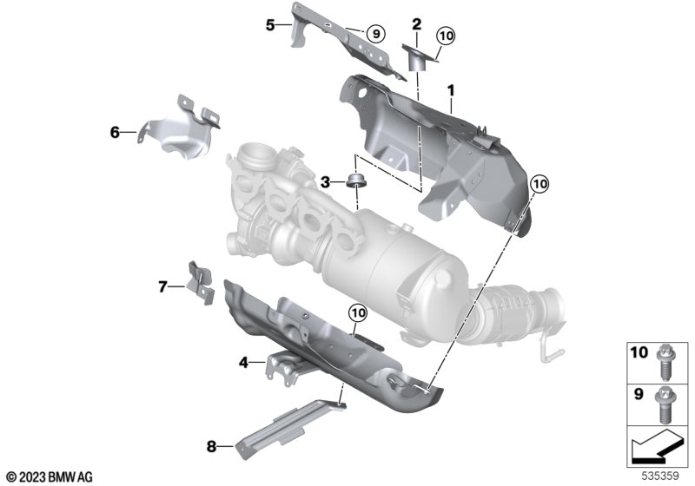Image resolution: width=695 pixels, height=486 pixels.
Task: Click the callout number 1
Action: (x=451, y=91)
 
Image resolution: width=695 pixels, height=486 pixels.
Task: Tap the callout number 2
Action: (x=417, y=24)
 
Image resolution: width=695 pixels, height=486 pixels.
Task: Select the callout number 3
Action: (x=325, y=182)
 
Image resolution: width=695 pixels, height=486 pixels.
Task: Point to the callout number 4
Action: (x=243, y=363)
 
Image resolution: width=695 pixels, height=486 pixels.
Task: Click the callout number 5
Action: (x=270, y=25)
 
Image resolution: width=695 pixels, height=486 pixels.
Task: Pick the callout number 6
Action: (x=115, y=132)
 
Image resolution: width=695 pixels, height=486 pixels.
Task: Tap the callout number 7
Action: (x=162, y=286)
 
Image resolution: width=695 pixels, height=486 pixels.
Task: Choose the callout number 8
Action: (x=211, y=446)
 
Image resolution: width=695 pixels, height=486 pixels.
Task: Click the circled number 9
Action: (x=375, y=33)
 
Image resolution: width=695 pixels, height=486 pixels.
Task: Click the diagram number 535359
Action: (x=660, y=476)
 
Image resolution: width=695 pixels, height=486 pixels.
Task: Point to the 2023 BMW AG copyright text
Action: (x=50, y=477)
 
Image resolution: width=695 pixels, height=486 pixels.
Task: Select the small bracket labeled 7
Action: (x=201, y=282)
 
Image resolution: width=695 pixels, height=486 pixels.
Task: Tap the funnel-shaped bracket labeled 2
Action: (x=419, y=56)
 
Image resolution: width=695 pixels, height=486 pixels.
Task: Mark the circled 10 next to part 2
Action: (x=446, y=35)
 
